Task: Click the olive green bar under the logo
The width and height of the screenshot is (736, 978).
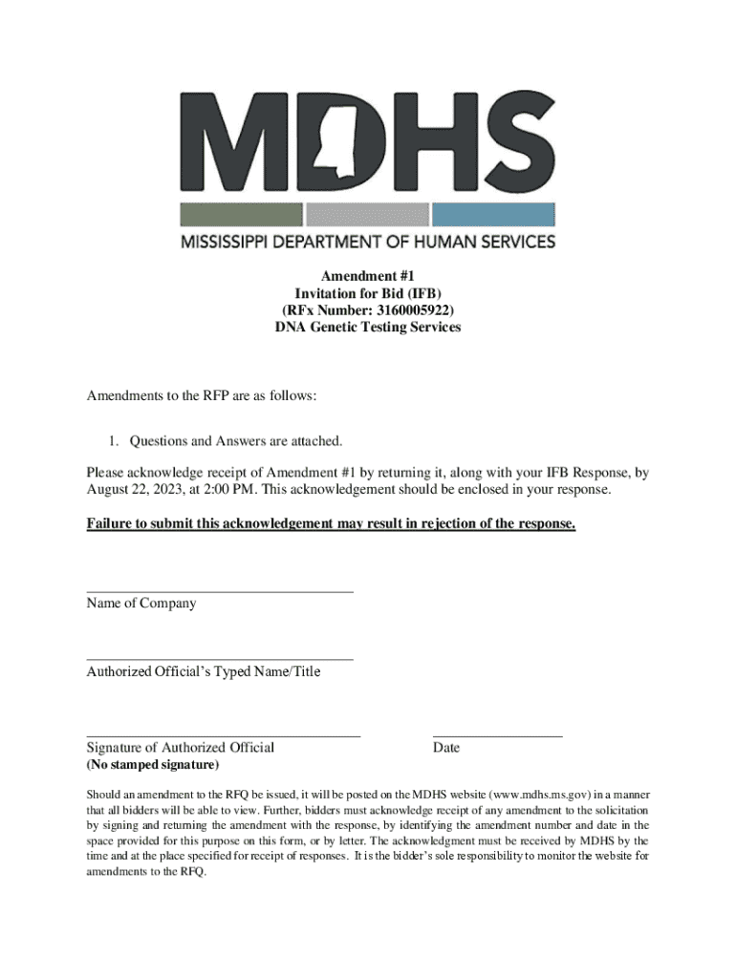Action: point(241,214)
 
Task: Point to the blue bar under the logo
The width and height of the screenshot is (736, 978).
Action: point(493,214)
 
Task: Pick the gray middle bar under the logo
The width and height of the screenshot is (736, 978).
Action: point(367,214)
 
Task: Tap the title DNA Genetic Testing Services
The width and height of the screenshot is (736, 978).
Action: point(367,327)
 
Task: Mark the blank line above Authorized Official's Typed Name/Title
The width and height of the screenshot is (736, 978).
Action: point(220,660)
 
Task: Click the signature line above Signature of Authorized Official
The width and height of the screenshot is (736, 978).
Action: point(224,736)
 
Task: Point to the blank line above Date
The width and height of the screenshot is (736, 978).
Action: point(497,736)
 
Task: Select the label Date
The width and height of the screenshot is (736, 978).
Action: point(446,748)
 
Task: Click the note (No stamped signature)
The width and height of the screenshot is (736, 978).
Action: point(153,766)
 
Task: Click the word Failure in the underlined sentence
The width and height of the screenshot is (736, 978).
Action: point(110,523)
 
